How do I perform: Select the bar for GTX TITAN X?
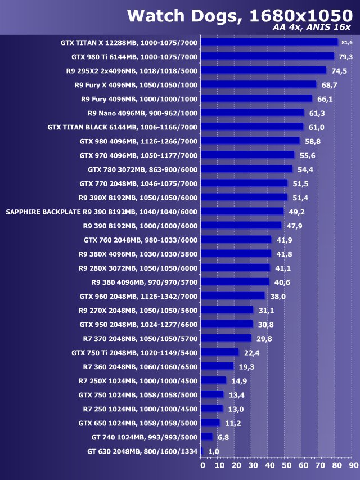pyautogui.click(x=269, y=42)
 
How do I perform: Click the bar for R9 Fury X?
pyautogui.click(x=258, y=84)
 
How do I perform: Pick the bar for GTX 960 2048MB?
pyautogui.click(x=232, y=296)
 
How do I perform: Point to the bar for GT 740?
pyautogui.click(x=206, y=437)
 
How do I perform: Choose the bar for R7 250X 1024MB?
pyautogui.click(x=213, y=380)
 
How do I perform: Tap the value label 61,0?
pyautogui.click(x=316, y=127)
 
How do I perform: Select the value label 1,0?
pyautogui.click(x=213, y=451)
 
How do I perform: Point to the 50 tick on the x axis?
pyautogui.click(x=287, y=465)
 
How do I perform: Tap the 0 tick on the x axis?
pyautogui.click(x=202, y=465)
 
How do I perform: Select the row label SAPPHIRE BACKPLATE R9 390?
pyautogui.click(x=101, y=212)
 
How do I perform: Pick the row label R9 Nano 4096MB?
pyautogui.click(x=142, y=113)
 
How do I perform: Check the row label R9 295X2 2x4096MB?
pyautogui.click(x=132, y=70)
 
